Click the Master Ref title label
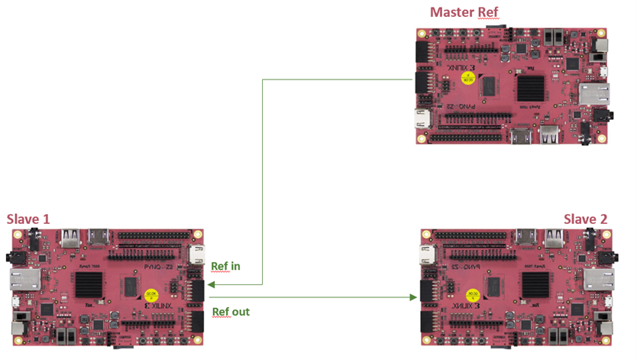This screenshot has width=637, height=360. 464,12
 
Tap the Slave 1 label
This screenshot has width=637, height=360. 28,219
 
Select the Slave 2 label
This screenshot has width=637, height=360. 586,219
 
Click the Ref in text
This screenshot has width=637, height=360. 225,266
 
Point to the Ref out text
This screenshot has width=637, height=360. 230,312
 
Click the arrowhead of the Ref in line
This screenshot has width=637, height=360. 212,282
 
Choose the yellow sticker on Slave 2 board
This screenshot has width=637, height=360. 473,293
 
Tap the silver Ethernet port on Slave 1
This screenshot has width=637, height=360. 21,278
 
